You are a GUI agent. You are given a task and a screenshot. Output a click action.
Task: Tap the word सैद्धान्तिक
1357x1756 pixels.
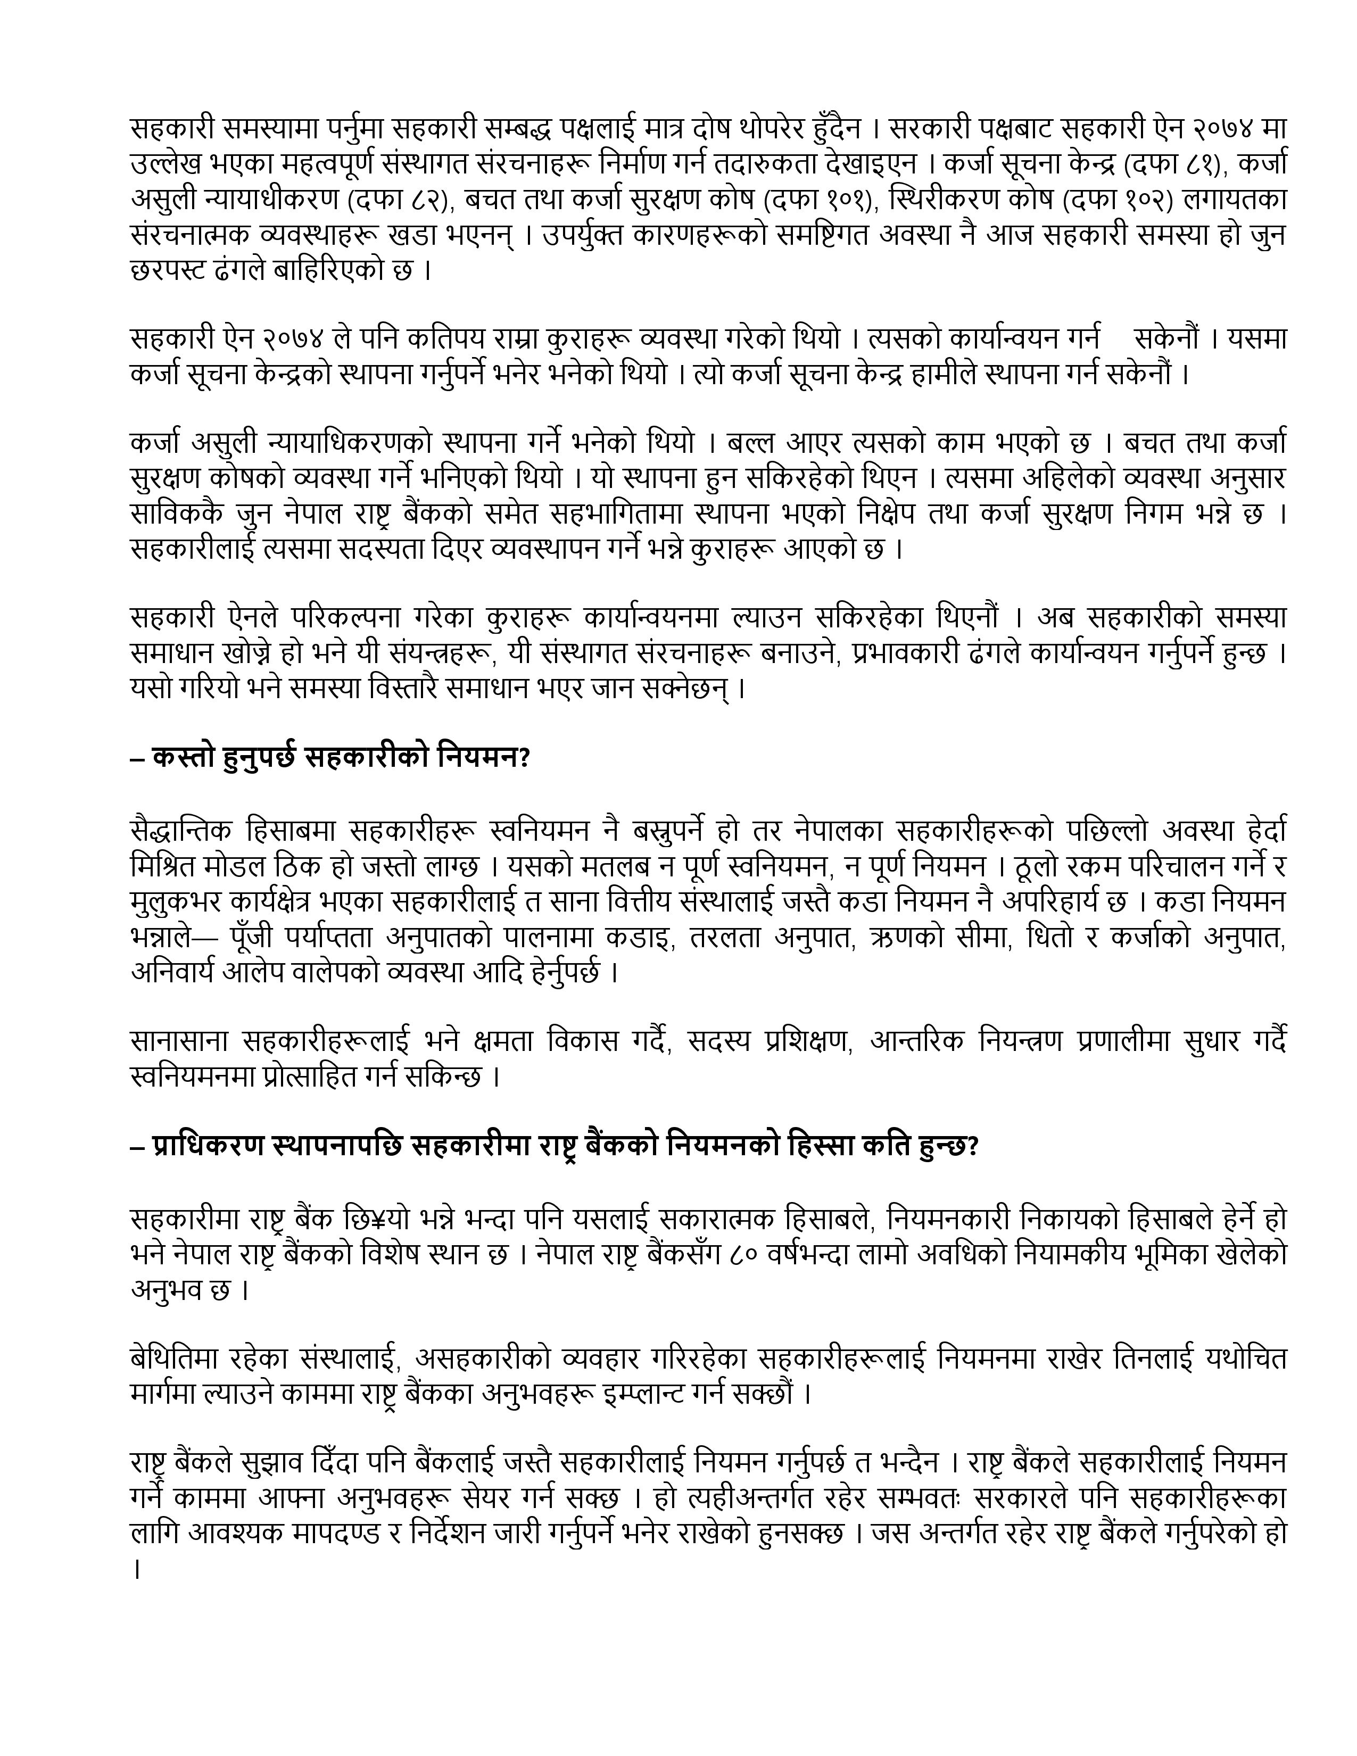click(x=181, y=830)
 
